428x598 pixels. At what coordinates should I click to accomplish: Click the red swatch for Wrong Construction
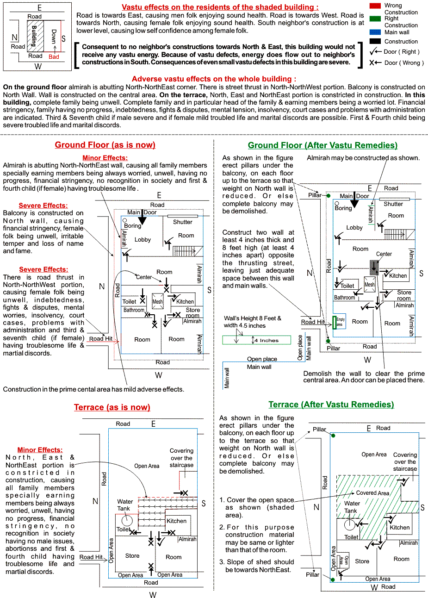[x=376, y=5]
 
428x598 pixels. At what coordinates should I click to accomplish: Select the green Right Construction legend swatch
[x=376, y=19]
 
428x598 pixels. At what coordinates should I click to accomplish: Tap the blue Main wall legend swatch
[x=376, y=32]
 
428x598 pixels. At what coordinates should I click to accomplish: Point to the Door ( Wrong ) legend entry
[x=397, y=63]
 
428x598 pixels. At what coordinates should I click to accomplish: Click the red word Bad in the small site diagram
[x=54, y=57]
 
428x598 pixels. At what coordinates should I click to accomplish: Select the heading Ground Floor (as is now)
[x=105, y=145]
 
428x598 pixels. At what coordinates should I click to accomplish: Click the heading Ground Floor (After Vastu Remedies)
[x=323, y=145]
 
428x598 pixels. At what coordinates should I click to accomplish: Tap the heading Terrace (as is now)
[x=112, y=407]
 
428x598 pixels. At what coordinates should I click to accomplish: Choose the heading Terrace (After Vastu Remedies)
[x=331, y=405]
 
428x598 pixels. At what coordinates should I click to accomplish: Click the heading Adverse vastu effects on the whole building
[x=214, y=79]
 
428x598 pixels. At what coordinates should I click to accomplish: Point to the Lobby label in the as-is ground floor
[x=143, y=240]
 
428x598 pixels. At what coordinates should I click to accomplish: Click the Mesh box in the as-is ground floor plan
[x=158, y=301]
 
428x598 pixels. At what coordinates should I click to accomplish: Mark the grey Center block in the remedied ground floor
[x=374, y=266]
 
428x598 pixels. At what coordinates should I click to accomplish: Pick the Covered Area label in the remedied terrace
[x=372, y=493]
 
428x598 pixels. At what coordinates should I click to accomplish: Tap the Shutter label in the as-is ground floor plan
[x=182, y=222]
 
